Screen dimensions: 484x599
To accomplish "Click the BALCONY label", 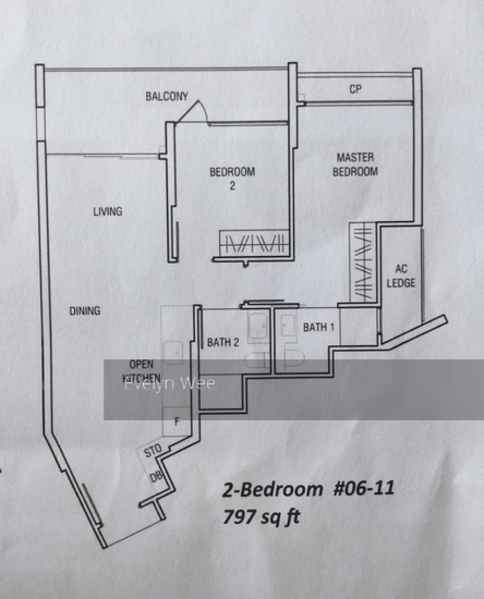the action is [x=167, y=96].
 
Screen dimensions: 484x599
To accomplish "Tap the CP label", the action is [x=355, y=89].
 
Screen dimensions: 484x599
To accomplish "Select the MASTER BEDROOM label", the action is [x=355, y=164].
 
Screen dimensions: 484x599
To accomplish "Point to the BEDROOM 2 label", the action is [x=232, y=178].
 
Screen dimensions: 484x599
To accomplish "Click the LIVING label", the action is [x=108, y=211].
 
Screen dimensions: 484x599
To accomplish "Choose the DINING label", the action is [x=85, y=311].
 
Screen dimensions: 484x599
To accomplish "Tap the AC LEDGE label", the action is [x=401, y=276].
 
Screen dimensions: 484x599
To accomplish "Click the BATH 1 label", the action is [x=319, y=327].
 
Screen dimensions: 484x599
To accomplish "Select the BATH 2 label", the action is [x=223, y=342].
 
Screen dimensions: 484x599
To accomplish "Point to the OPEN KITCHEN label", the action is [x=141, y=371].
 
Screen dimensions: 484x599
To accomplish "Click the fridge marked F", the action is [x=176, y=421].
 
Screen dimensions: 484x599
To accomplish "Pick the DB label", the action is [x=155, y=477].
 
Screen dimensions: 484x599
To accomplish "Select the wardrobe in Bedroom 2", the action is [x=253, y=243].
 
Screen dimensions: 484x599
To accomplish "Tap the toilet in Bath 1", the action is [x=295, y=358].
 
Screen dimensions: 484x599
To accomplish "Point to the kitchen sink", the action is [x=173, y=353].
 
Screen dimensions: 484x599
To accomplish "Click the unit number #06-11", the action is [x=364, y=488].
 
